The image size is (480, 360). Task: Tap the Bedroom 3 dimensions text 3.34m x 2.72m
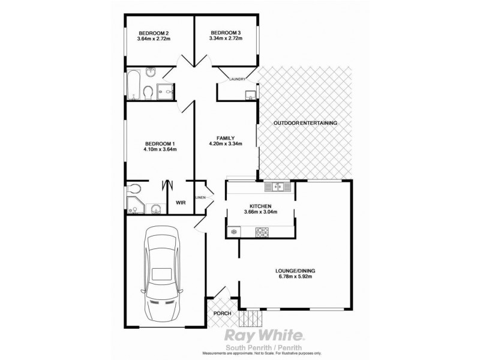pyautogui.click(x=225, y=40)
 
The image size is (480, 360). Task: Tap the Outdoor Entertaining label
pyautogui.click(x=305, y=123)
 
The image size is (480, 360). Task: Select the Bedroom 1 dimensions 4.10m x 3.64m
pyautogui.click(x=160, y=149)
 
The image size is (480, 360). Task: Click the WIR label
pyautogui.click(x=179, y=203)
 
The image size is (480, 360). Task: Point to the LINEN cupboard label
pyautogui.click(x=200, y=197)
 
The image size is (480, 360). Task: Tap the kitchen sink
pyautogui.click(x=278, y=187)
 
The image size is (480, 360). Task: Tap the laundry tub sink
pyautogui.click(x=250, y=95)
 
